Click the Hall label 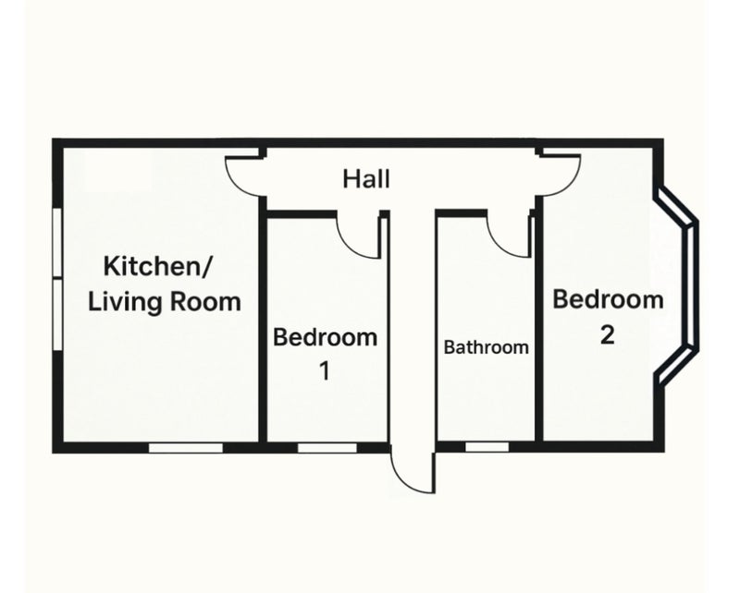[366, 179]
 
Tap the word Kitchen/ [158, 266]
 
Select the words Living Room [165, 302]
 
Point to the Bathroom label [487, 347]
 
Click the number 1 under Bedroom [325, 371]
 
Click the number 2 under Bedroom [608, 335]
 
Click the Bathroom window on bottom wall [487, 447]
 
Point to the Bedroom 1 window [327, 447]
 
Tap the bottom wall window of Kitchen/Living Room [186, 447]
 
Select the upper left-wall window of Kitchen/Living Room [57, 242]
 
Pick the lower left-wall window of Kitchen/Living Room [57, 314]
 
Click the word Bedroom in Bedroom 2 [608, 300]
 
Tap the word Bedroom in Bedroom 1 [326, 337]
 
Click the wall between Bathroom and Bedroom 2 [538, 321]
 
